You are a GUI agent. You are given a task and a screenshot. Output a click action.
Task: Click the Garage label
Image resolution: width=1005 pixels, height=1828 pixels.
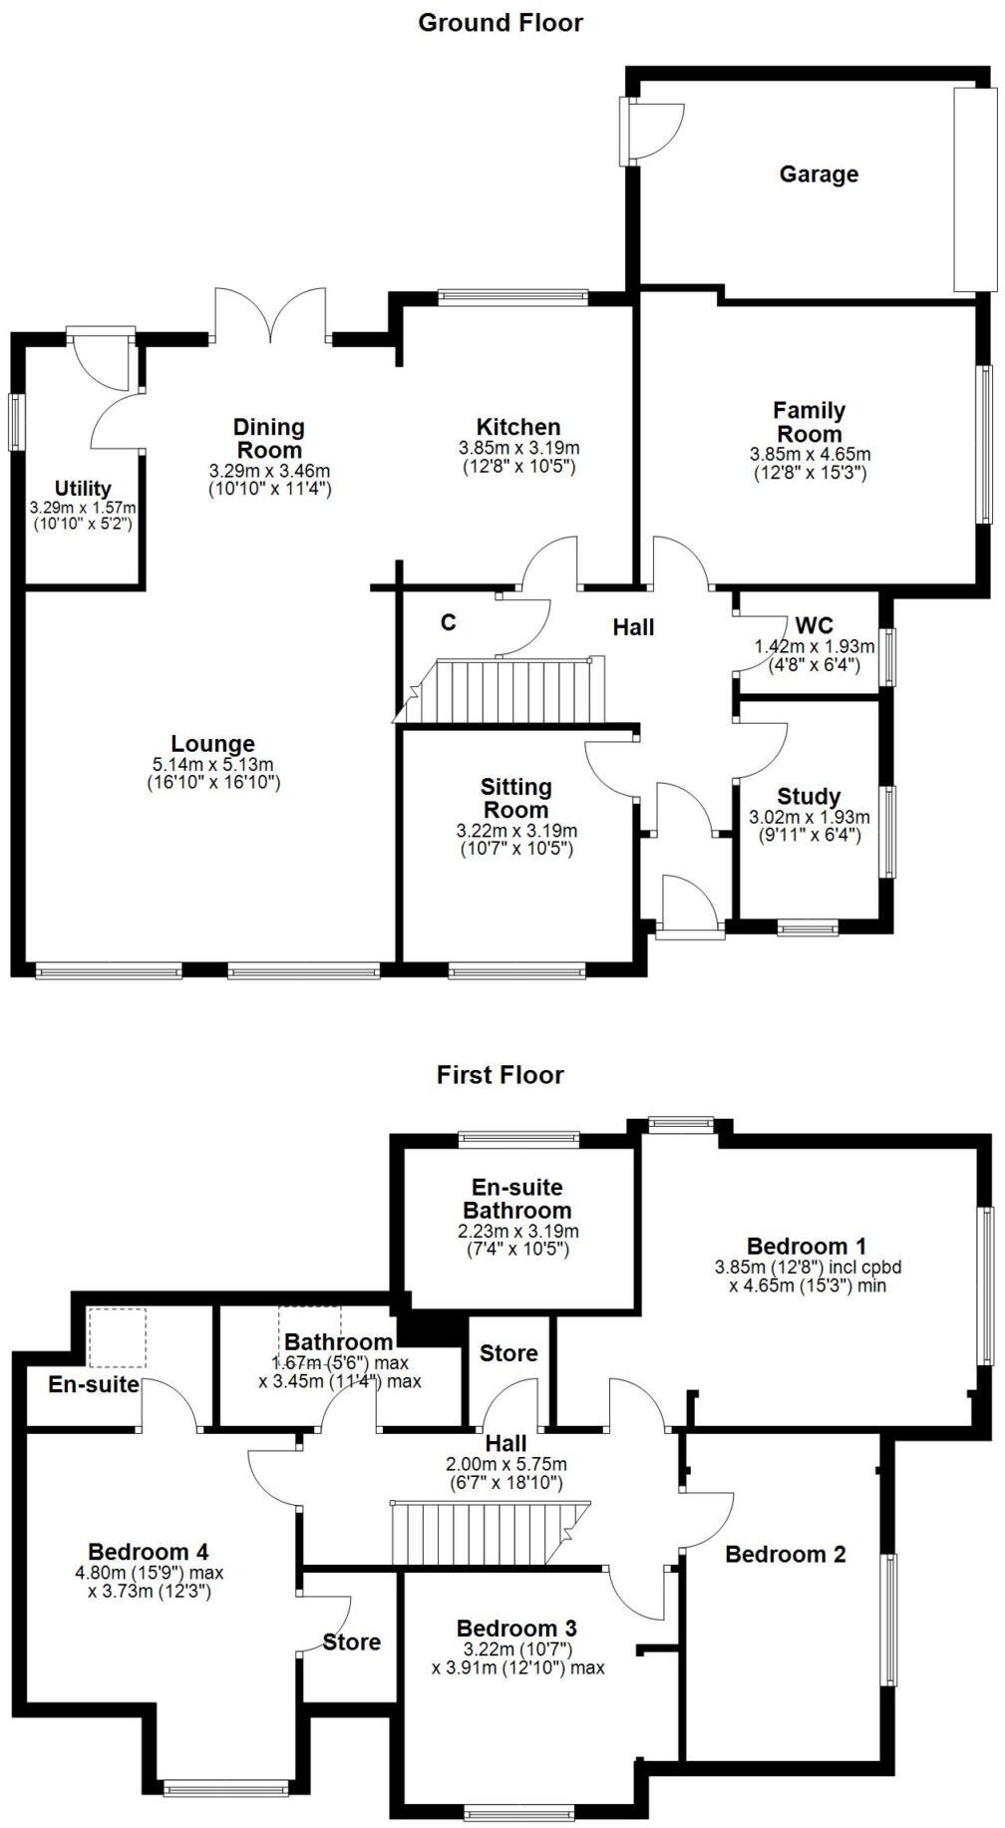pos(818,175)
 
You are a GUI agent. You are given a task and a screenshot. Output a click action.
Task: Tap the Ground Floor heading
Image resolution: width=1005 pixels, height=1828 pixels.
pos(500,22)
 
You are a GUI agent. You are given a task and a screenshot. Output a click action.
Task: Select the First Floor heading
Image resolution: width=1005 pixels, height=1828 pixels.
pos(500,1075)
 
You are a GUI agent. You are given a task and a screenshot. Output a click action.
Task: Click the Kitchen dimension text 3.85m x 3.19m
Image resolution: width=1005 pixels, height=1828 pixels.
pos(518,449)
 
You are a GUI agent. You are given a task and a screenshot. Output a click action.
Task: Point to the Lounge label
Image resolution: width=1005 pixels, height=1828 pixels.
pos(212,744)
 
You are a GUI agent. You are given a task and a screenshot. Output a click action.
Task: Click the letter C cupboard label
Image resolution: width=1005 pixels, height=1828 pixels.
pos(449,623)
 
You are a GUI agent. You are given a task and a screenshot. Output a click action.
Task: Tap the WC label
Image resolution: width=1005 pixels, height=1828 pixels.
pos(814,626)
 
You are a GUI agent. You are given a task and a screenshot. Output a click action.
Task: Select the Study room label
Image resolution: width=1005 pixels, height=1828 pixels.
pos(809,796)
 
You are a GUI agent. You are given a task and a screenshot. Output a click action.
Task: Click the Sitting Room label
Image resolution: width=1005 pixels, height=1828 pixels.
pos(515,798)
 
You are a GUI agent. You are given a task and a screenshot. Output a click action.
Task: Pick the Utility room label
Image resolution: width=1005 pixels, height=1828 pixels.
pos(83,489)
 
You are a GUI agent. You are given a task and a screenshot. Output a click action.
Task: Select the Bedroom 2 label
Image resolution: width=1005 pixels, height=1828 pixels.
pos(785,1554)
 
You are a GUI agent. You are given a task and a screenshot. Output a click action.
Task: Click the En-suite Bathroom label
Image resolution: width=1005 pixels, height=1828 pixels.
pos(516,1199)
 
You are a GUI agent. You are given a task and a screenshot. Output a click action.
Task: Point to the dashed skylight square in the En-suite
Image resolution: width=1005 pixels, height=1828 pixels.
pos(118,1338)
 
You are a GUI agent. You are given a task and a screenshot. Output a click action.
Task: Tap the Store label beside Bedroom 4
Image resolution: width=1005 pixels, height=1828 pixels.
pos(351,1642)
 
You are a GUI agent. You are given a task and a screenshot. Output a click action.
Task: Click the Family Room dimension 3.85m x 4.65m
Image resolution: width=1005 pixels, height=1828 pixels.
pos(809,454)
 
